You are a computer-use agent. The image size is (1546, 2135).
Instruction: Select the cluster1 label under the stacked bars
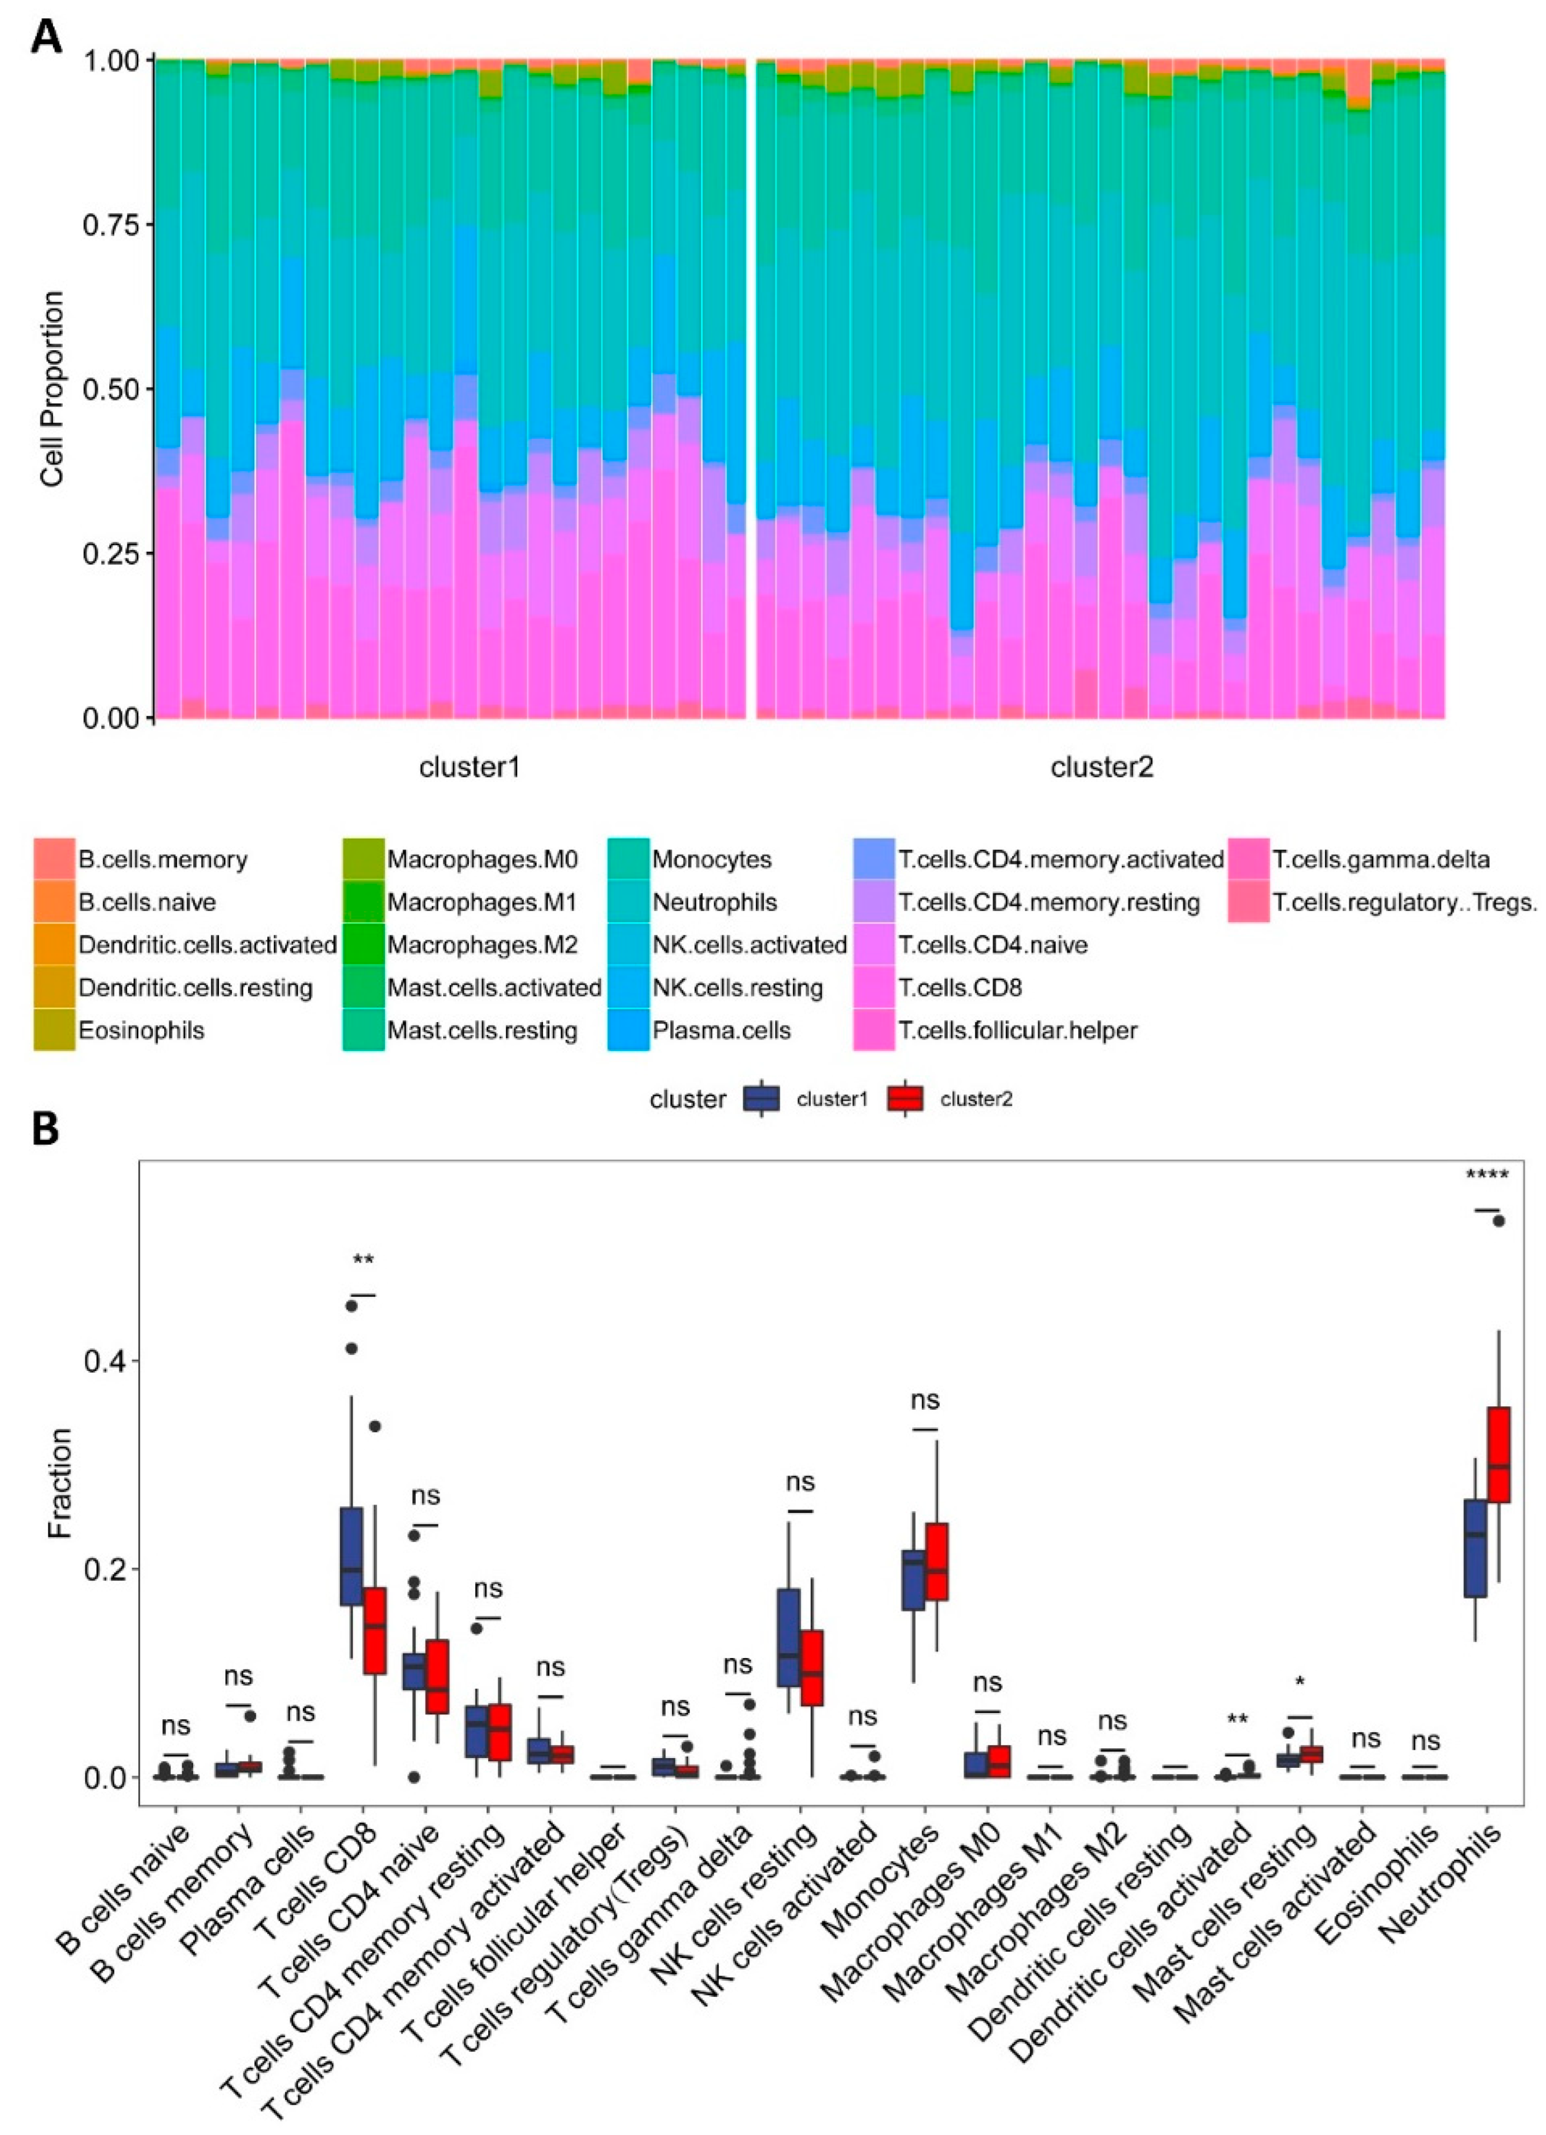coord(470,767)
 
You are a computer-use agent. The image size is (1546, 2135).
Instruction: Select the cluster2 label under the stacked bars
coord(1102,767)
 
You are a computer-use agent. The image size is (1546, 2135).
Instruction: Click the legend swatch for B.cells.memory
coord(54,859)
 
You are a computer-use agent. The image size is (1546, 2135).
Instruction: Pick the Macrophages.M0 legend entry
coord(482,859)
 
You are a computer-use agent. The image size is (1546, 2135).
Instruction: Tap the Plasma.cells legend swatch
coord(628,1030)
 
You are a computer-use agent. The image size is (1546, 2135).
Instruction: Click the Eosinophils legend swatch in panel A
coord(54,1030)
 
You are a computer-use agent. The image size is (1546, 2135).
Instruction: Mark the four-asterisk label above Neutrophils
coord(1488,1175)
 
